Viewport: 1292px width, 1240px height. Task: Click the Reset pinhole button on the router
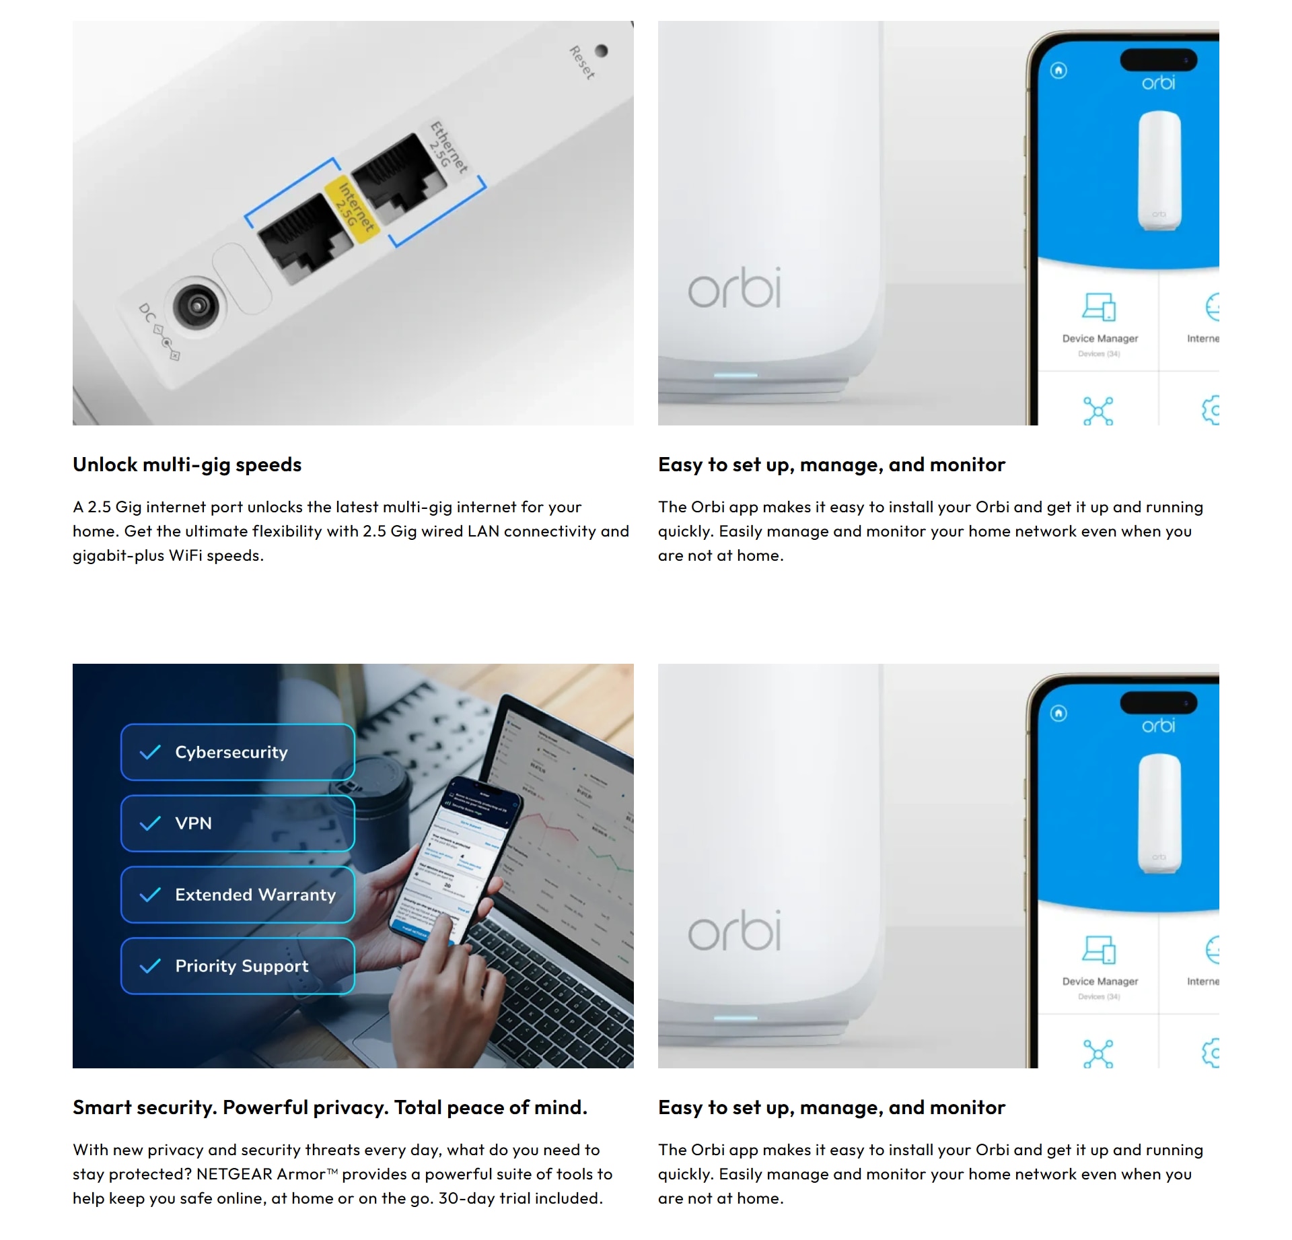click(602, 51)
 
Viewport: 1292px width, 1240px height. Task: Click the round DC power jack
click(196, 306)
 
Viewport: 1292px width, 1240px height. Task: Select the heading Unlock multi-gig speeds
click(187, 465)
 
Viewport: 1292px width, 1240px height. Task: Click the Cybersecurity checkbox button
click(238, 752)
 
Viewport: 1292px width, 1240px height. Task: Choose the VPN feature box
click(238, 823)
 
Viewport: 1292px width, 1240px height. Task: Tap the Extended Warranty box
click(238, 895)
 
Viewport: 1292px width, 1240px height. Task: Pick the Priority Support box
click(238, 966)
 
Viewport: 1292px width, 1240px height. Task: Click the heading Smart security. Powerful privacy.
click(330, 1108)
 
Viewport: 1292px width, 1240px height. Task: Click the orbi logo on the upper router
click(734, 288)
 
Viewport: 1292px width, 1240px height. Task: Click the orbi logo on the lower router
click(734, 931)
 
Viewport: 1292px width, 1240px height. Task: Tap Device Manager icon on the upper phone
click(1099, 308)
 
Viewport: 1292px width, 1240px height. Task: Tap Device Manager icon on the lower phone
click(1099, 951)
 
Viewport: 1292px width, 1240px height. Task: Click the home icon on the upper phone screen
click(1058, 71)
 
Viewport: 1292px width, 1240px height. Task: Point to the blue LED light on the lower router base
click(735, 1018)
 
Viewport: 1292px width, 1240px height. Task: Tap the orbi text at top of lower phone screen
click(1158, 726)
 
